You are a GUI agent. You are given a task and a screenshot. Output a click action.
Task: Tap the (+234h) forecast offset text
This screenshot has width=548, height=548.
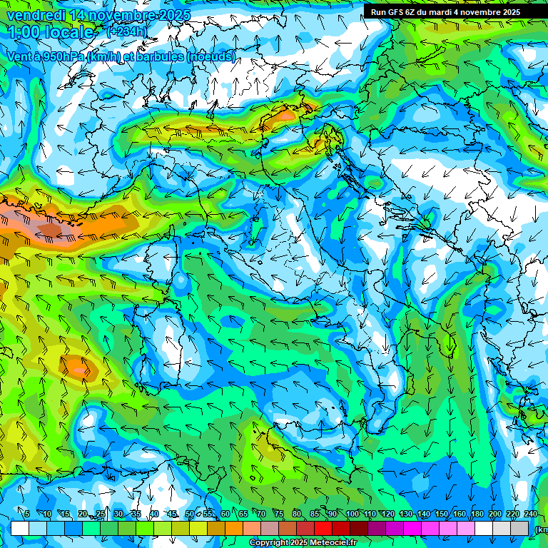click(126, 31)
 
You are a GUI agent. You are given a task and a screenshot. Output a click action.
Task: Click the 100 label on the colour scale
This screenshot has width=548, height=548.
click(352, 514)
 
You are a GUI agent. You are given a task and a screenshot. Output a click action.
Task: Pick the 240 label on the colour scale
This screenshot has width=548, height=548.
click(530, 514)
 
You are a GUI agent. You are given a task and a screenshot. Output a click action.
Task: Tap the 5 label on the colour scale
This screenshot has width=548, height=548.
click(26, 514)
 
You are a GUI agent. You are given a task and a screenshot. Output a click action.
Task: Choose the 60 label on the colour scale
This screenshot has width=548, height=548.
click(225, 514)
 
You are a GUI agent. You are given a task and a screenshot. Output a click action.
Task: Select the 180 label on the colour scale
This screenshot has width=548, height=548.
click(476, 514)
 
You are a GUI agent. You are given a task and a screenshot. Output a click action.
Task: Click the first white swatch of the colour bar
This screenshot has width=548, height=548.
click(20, 528)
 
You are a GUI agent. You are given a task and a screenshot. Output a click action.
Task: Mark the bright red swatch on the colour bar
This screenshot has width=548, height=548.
click(323, 528)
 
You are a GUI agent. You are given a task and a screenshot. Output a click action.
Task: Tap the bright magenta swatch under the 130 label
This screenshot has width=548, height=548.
click(412, 528)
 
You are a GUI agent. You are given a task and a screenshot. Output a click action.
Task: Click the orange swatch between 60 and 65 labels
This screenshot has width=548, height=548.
click(234, 528)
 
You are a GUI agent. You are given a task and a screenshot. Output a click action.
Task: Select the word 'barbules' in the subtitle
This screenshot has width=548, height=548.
click(159, 56)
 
